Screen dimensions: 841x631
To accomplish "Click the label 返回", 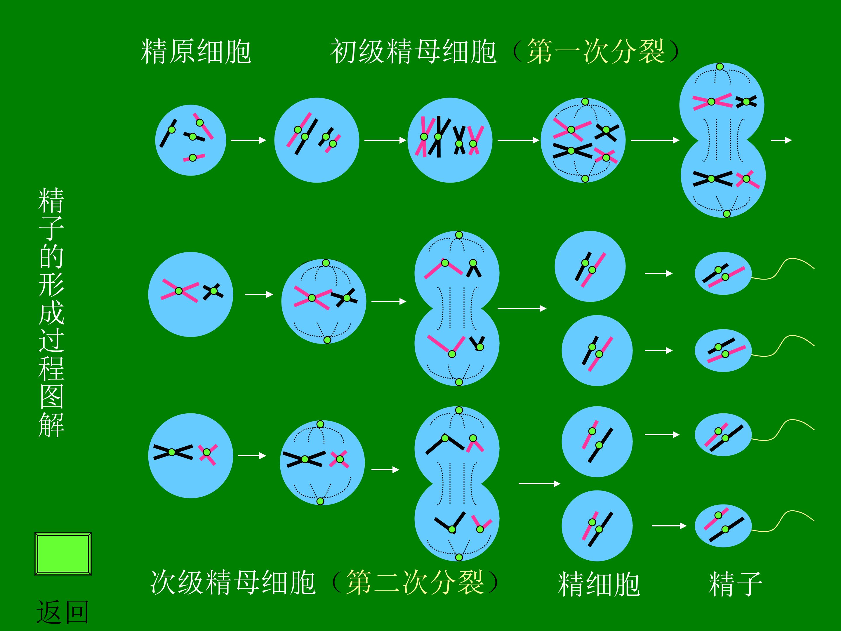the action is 63,612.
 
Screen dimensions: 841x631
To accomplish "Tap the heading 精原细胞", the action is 196,51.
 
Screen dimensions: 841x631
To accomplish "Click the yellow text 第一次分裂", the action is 596,51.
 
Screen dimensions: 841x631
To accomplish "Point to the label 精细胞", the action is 599,584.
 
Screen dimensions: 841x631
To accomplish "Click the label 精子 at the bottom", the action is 736,584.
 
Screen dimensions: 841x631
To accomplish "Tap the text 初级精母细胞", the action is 413,51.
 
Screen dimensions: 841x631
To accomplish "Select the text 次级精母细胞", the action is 233,582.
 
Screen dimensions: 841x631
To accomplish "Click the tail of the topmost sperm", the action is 783,269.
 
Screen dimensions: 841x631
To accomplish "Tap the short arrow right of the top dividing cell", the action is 781,140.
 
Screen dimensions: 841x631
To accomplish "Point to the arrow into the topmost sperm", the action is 658,273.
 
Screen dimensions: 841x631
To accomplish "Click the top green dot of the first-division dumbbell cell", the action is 720,67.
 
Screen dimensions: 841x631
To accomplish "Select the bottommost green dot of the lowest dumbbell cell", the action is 459,557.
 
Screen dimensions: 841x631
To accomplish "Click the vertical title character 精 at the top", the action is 51,200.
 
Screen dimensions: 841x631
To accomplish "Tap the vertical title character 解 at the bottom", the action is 51,425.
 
